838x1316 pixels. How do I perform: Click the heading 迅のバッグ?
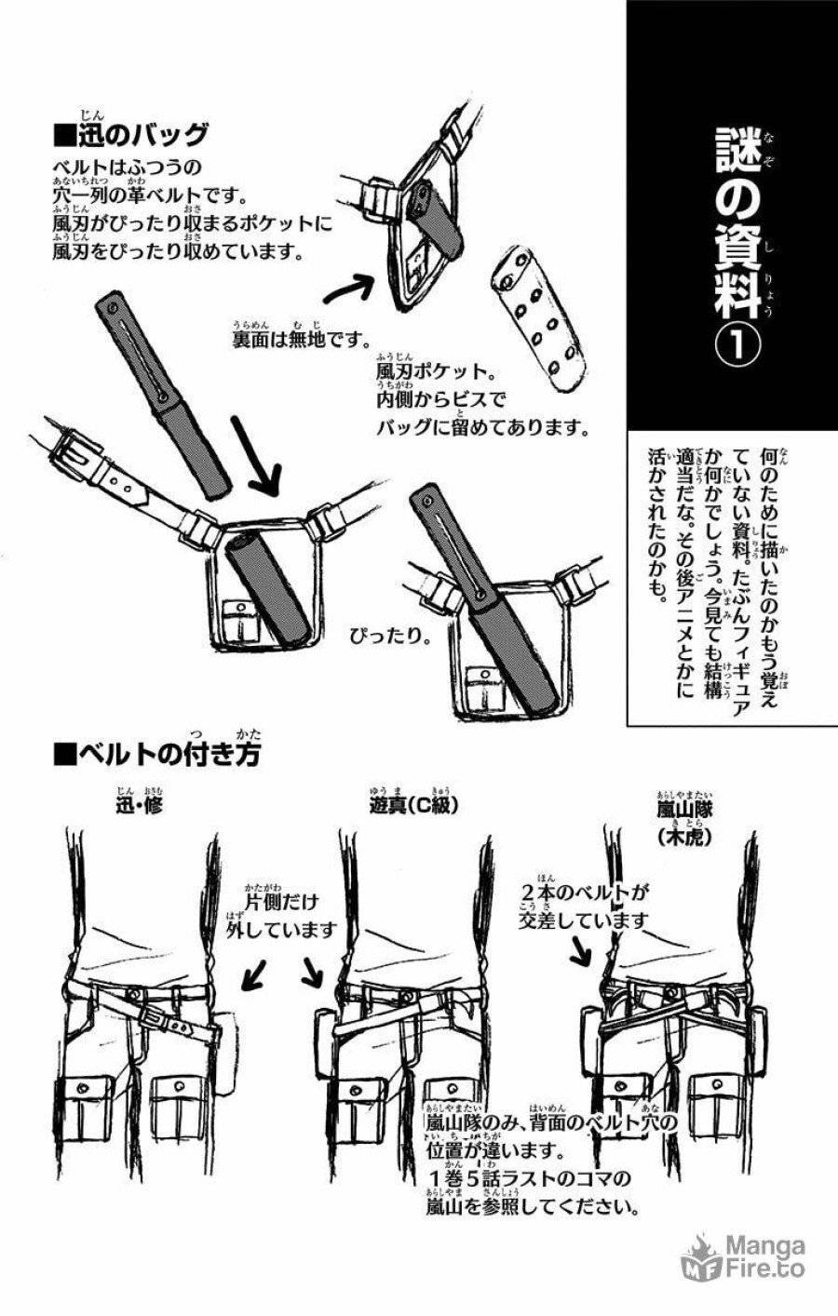pos(131,136)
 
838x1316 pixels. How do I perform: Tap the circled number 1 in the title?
pos(736,346)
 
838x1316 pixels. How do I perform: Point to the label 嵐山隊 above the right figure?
pos(684,809)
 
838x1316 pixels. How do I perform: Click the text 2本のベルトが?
pos(584,894)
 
